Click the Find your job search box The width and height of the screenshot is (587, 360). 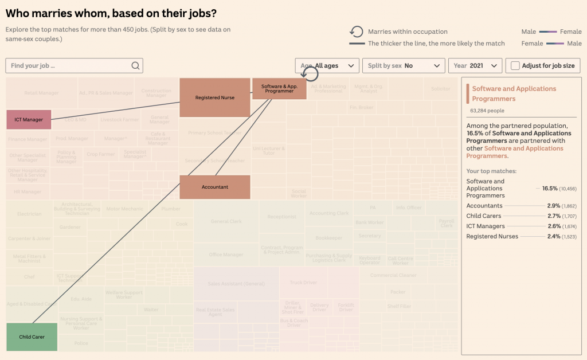(x=69, y=65)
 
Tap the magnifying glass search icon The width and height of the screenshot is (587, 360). (x=135, y=65)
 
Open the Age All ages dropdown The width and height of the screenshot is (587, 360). (x=327, y=66)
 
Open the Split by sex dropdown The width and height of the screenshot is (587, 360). (x=404, y=66)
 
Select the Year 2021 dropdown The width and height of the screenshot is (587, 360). (x=475, y=66)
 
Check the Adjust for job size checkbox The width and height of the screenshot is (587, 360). (x=515, y=66)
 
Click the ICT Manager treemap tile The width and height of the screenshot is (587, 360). (x=29, y=120)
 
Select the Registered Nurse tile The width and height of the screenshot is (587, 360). (x=214, y=97)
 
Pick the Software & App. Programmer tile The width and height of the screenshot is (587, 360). (x=279, y=89)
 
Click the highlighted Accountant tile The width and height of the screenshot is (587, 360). (x=215, y=187)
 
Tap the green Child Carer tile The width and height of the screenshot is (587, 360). (x=32, y=336)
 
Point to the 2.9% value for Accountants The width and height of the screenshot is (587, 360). (x=554, y=206)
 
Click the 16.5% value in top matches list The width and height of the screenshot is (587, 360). (x=550, y=188)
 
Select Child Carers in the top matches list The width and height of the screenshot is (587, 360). (x=484, y=216)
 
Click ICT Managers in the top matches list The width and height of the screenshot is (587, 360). (x=486, y=226)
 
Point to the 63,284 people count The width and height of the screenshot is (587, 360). (x=487, y=111)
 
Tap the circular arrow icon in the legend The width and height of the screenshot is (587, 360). (x=357, y=32)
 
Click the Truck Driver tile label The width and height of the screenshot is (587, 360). (x=303, y=283)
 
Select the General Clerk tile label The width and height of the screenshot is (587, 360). (x=226, y=222)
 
